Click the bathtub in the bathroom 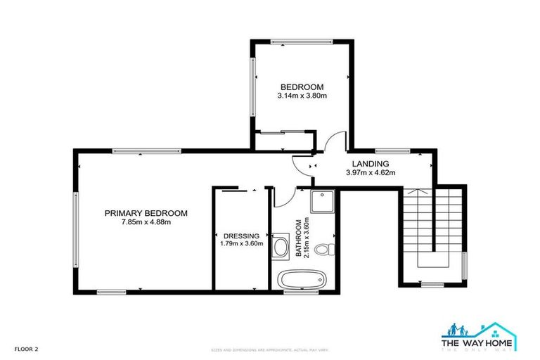pos(298,279)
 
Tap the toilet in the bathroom pos(323,250)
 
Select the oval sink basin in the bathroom pos(280,247)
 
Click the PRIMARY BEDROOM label pos(146,213)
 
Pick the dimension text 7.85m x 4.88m pos(146,222)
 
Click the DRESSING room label pos(241,236)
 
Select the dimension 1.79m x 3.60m pos(241,244)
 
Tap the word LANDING pos(370,163)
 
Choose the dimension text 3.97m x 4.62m pos(370,172)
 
